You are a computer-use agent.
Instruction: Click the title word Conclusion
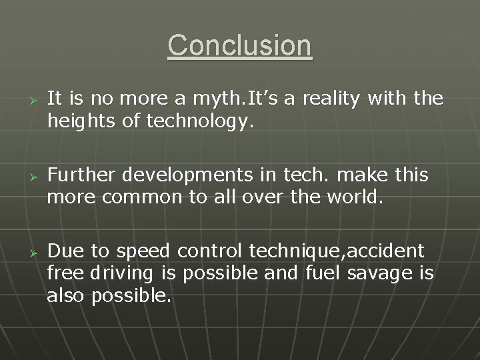coord(239,46)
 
